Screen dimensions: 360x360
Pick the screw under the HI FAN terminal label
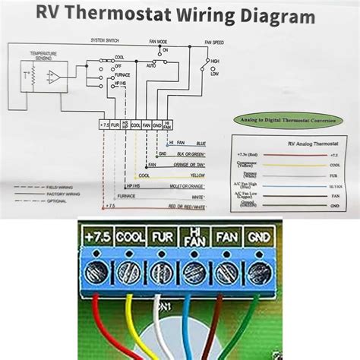click(194, 270)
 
